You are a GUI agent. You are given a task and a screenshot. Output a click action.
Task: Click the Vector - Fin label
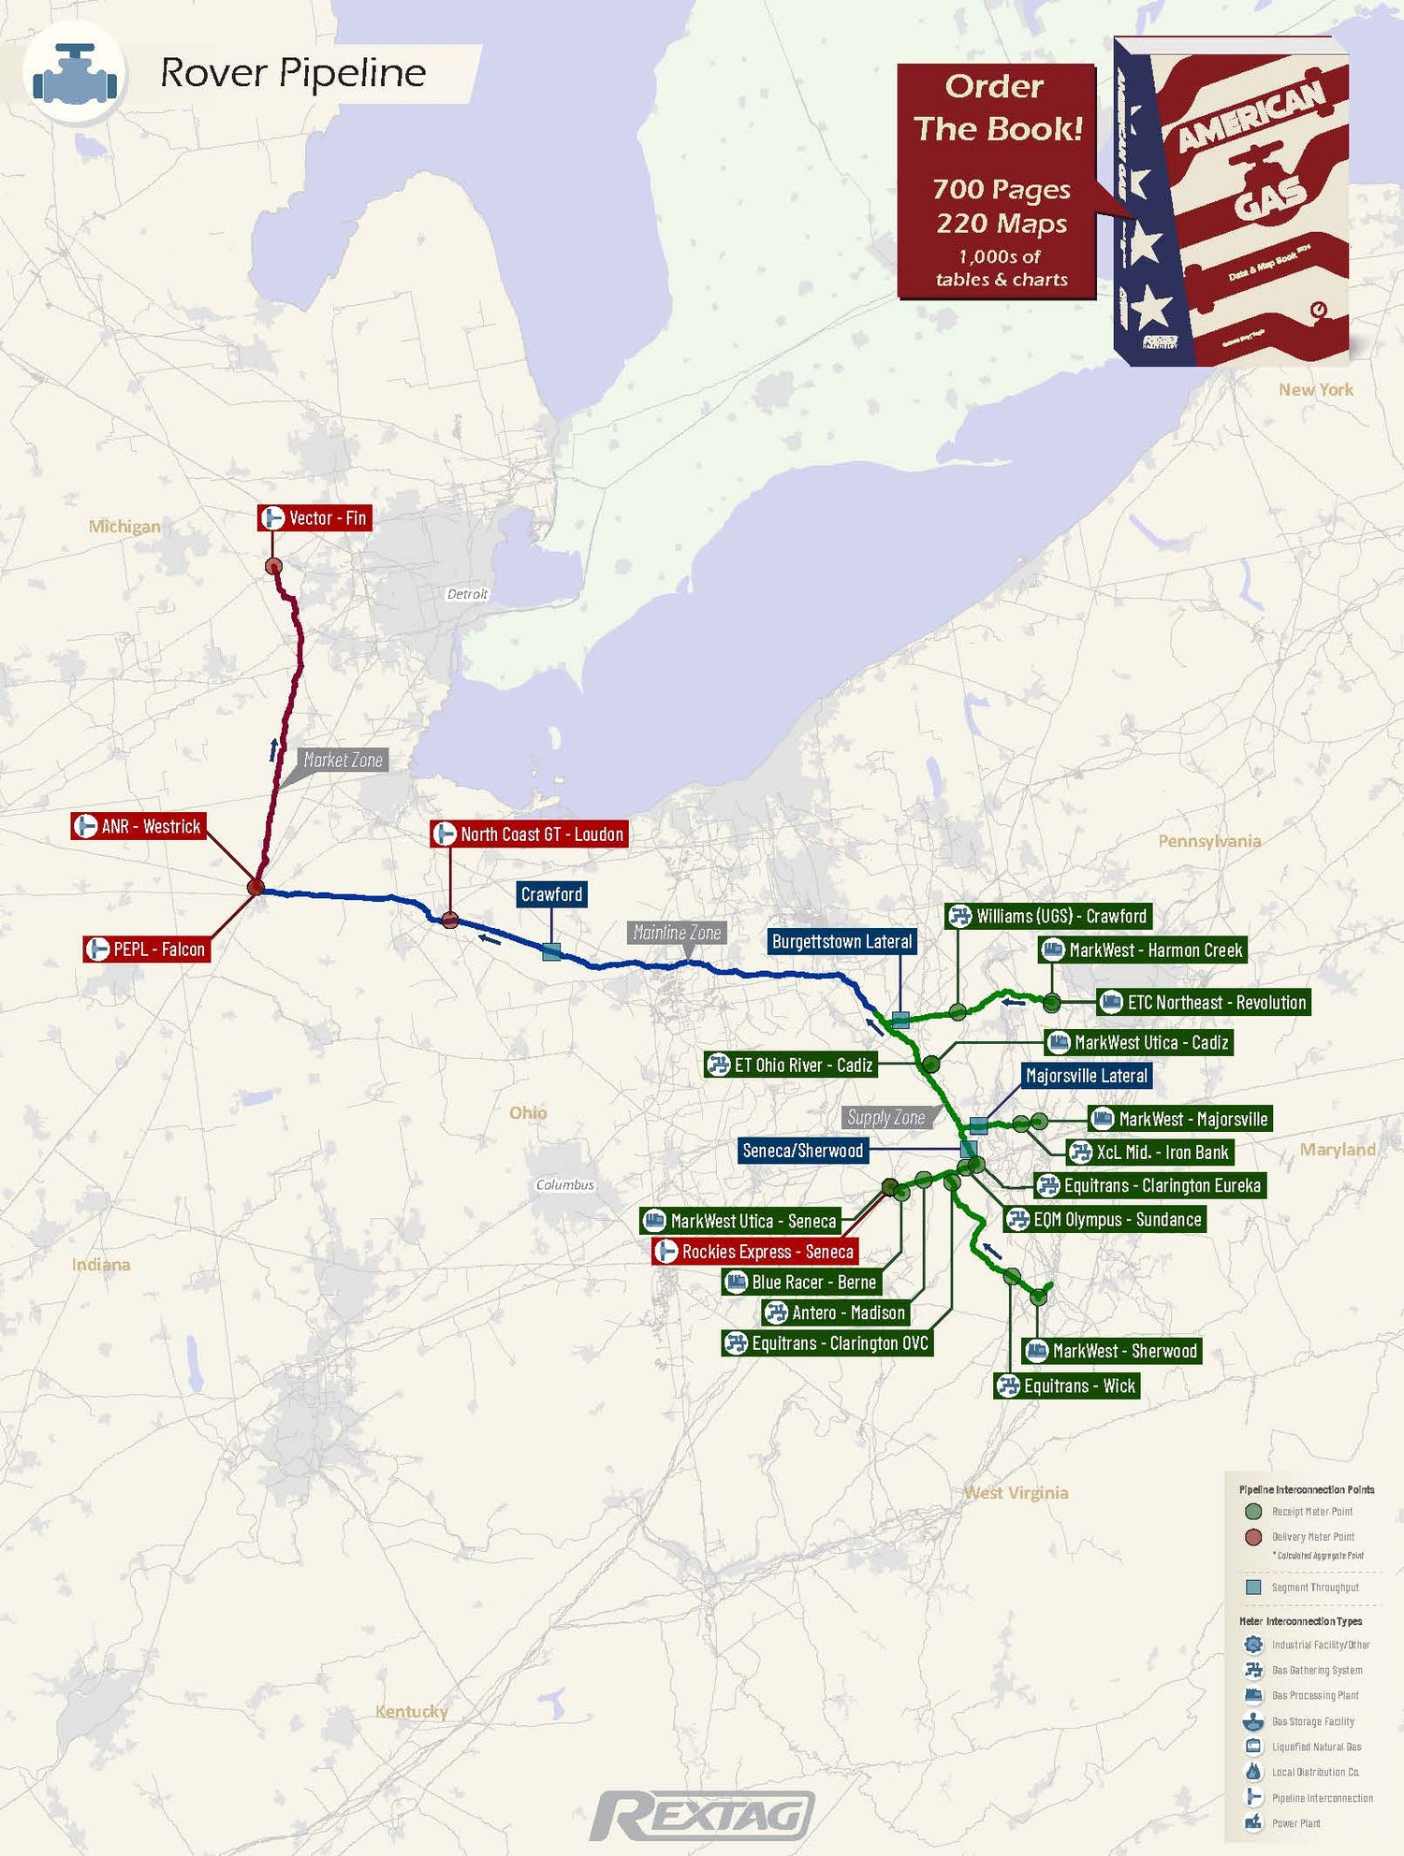pos(315,518)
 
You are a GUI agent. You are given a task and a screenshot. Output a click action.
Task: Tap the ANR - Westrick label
pos(139,827)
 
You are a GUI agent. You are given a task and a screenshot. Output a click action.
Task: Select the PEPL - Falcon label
pos(147,950)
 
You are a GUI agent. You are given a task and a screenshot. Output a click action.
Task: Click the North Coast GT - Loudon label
pos(530,834)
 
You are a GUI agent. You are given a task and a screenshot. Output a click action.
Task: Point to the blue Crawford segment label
pos(551,894)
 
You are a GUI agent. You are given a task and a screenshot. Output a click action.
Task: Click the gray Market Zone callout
pos(343,761)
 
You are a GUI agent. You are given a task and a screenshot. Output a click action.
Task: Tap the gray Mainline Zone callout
pos(677,933)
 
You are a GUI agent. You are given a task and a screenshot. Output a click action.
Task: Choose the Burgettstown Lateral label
pos(841,942)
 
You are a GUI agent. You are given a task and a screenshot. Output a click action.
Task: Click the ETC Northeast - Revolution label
pos(1204,1003)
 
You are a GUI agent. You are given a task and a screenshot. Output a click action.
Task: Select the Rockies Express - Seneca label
pos(755,1252)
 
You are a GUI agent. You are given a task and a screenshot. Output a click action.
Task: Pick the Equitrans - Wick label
pos(1067,1386)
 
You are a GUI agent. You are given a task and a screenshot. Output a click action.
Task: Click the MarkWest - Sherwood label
pos(1112,1351)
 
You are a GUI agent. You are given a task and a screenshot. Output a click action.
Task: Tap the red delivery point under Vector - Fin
pos(273,566)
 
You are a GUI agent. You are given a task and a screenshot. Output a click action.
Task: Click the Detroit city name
pos(467,594)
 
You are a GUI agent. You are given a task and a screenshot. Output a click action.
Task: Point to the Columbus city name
pos(564,1185)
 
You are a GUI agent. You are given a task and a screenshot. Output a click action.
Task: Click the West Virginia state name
pos(1016,1493)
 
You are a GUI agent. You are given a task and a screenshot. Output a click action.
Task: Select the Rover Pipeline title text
pos(293,73)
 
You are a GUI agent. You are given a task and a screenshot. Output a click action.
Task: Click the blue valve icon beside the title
pos(75,75)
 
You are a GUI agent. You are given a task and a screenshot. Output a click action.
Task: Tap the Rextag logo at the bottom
pos(702,1817)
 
